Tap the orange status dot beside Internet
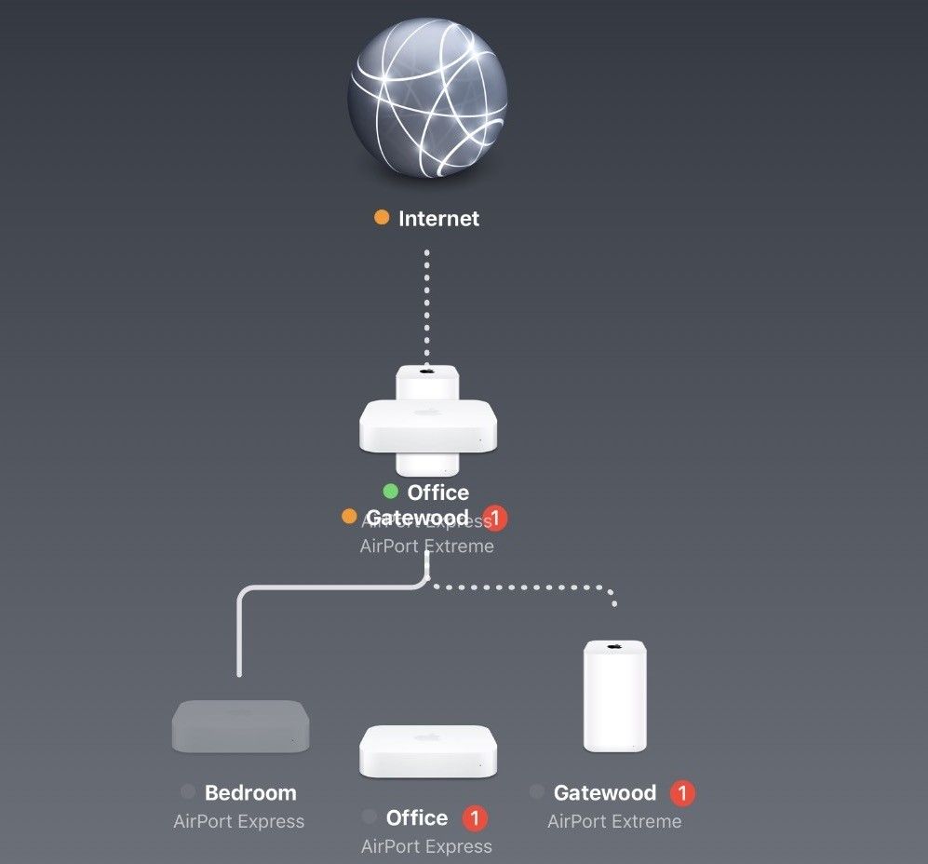[x=382, y=218]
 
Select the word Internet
[x=438, y=219]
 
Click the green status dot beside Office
[x=390, y=492]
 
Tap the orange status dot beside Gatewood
[x=349, y=516]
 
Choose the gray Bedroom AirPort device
[x=240, y=725]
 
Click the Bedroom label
[x=250, y=793]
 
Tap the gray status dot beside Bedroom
[x=188, y=792]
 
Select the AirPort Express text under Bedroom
[x=238, y=822]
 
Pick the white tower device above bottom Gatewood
[x=614, y=695]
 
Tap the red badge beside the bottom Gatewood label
[x=682, y=793]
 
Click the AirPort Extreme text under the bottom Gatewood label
[x=614, y=822]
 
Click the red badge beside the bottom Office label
[x=475, y=818]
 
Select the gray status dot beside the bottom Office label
[x=370, y=817]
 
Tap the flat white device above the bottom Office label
[x=427, y=751]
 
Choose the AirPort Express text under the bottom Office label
[x=426, y=846]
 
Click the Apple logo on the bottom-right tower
[x=614, y=645]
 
